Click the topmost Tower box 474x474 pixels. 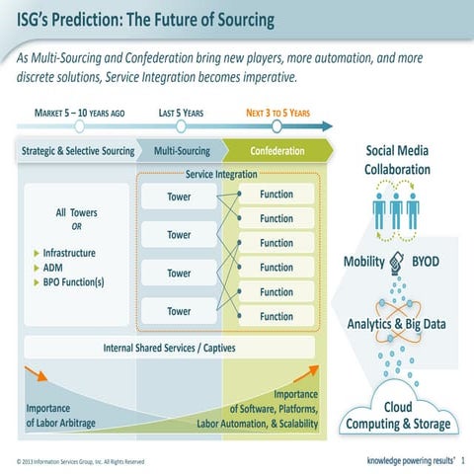(x=179, y=197)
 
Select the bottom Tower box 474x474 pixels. (x=179, y=311)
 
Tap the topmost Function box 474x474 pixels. (x=276, y=195)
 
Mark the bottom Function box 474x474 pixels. (x=276, y=317)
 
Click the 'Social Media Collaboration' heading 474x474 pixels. (x=398, y=160)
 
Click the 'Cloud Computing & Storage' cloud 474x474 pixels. (x=398, y=416)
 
